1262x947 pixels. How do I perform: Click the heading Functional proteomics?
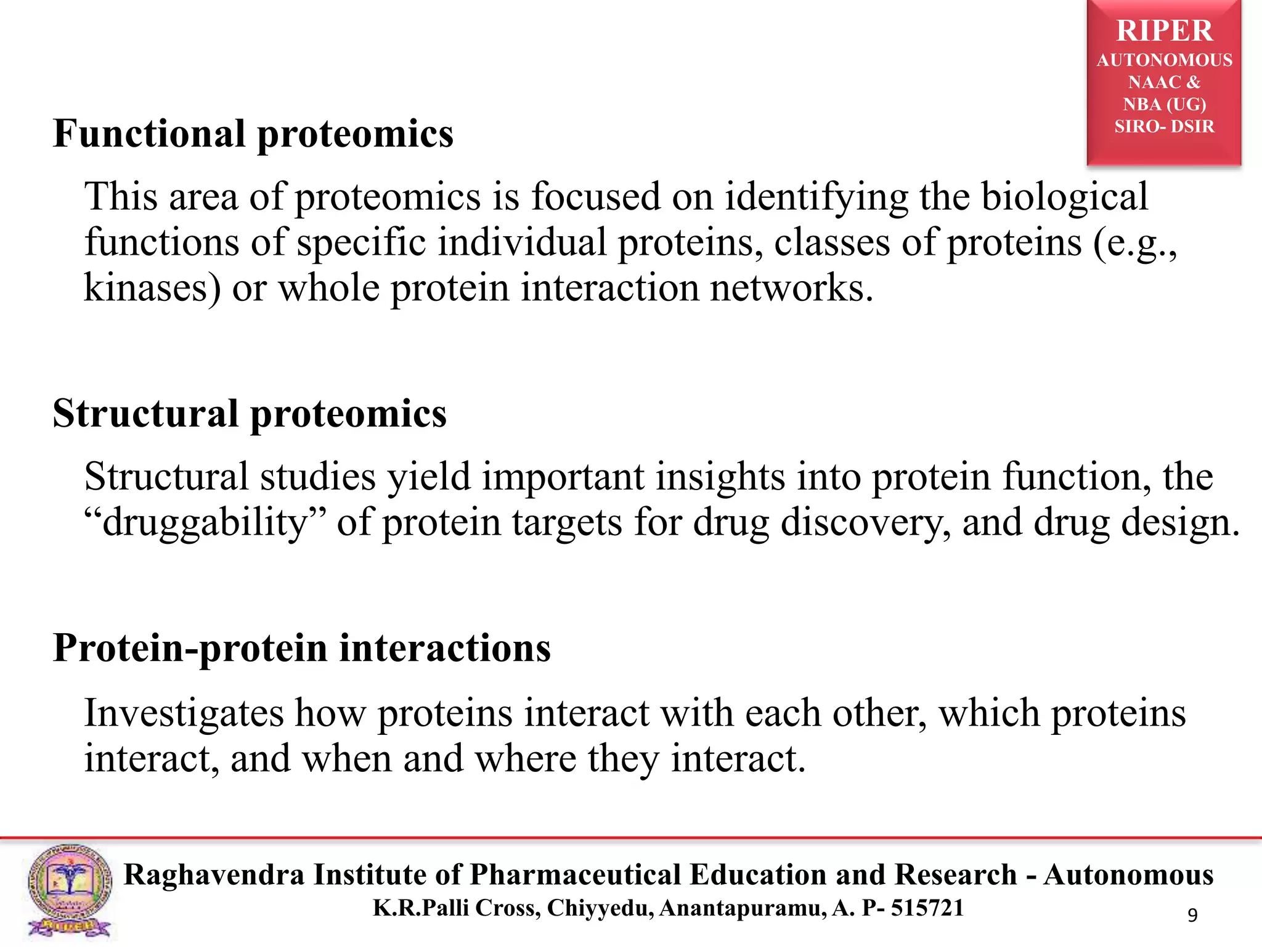253,134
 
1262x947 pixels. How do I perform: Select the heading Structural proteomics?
250,413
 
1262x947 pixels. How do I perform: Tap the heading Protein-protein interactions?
301,648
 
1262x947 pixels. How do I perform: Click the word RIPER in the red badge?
1164,31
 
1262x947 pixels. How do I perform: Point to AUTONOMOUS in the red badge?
1164,60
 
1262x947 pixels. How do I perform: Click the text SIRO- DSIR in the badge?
1164,126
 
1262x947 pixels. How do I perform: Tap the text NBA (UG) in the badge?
1164,104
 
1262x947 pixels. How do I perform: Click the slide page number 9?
1192,915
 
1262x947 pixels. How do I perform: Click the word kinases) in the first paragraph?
152,288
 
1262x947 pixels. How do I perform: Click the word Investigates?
184,713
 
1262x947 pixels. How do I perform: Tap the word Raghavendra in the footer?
214,875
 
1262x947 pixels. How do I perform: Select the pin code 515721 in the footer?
927,908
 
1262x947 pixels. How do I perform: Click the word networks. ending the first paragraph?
791,288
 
